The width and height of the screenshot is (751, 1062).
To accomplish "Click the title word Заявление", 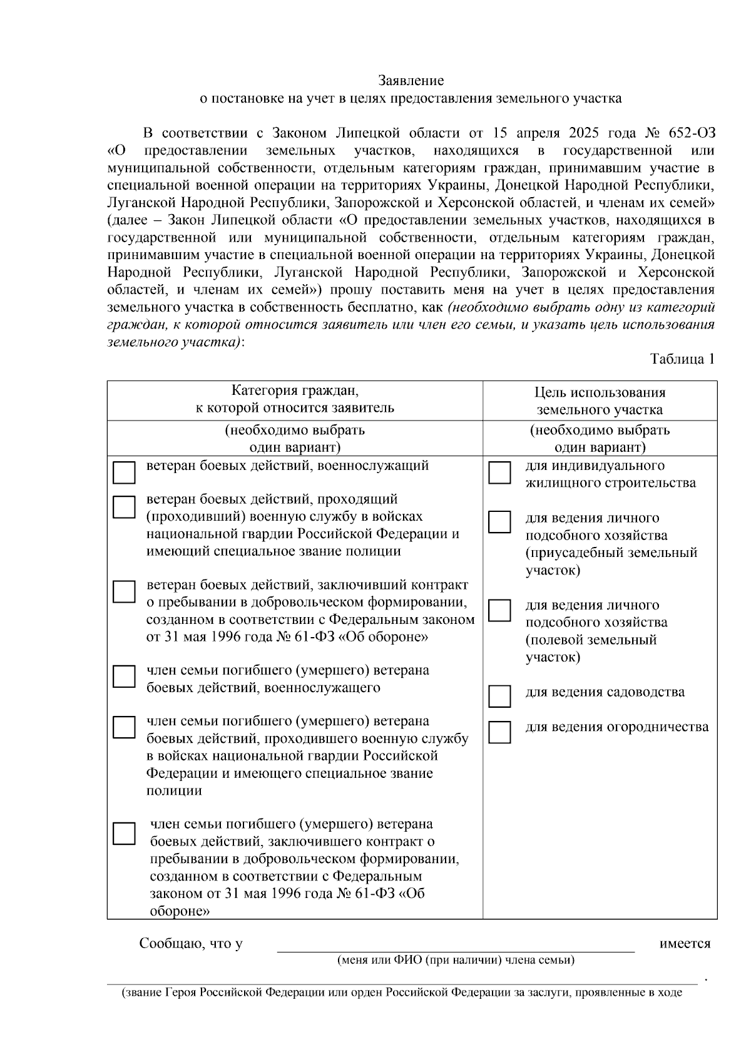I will pyautogui.click(x=411, y=81).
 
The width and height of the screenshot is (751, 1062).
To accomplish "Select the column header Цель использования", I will pyautogui.click(x=600, y=392).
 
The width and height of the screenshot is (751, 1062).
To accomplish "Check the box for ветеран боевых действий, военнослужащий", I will pyautogui.click(x=124, y=472).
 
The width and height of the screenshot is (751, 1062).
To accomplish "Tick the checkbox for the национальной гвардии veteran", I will pyautogui.click(x=124, y=507).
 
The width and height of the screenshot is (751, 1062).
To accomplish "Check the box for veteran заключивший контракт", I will pyautogui.click(x=124, y=591).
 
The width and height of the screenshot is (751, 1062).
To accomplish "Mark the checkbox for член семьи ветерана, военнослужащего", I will pyautogui.click(x=124, y=677).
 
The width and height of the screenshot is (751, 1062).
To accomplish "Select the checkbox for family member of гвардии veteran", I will pyautogui.click(x=124, y=727).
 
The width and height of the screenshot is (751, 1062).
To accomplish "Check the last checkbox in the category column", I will pyautogui.click(x=124, y=834).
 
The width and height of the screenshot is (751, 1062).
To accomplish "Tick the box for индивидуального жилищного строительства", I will pyautogui.click(x=499, y=473).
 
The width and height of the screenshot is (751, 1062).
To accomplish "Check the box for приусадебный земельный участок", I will pyautogui.click(x=499, y=522).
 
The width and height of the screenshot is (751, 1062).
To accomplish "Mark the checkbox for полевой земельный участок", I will pyautogui.click(x=499, y=610).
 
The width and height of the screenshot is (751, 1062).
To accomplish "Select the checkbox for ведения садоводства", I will pyautogui.click(x=499, y=695).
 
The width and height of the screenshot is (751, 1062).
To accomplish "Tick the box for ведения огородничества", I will pyautogui.click(x=499, y=732).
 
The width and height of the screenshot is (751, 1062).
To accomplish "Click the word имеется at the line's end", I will pyautogui.click(x=685, y=944).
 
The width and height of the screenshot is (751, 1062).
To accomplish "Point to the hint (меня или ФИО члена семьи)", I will pyautogui.click(x=456, y=960).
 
